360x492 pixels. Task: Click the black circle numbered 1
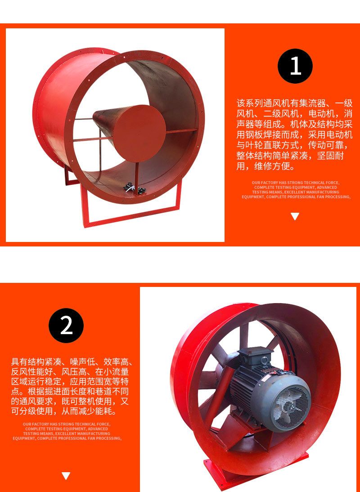[x=295, y=66]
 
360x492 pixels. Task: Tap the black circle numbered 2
[x=66, y=326]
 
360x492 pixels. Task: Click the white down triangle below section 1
[x=295, y=216]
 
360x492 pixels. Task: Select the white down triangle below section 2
[x=66, y=476]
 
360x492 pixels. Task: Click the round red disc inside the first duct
[x=139, y=133]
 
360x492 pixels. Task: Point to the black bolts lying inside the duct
[x=133, y=188]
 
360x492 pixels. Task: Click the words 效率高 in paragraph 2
[x=117, y=362]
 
